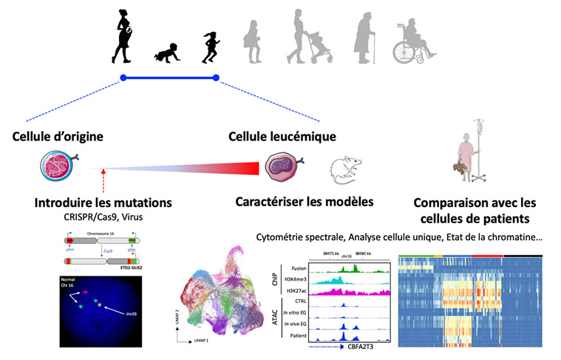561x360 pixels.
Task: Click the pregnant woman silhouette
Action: (123, 35)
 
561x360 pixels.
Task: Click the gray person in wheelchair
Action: (410, 43)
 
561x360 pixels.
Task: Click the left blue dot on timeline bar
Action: (123, 78)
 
